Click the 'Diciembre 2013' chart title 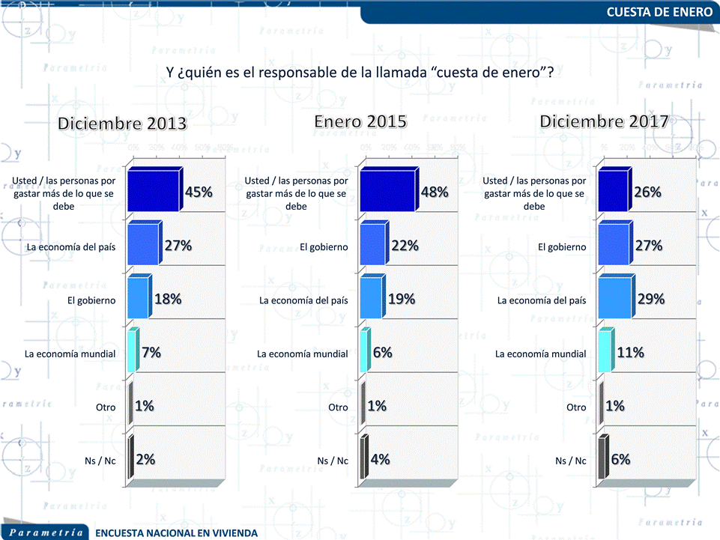pos(123,124)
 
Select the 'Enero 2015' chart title pos(360,121)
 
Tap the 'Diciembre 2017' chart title pos(604,121)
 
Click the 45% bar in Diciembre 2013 pos(154,191)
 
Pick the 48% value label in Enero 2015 pos(435,192)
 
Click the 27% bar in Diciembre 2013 pos(143,244)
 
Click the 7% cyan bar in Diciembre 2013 pos(132,351)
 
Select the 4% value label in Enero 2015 pos(381,460)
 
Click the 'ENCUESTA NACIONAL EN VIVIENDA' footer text pos(177,533)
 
